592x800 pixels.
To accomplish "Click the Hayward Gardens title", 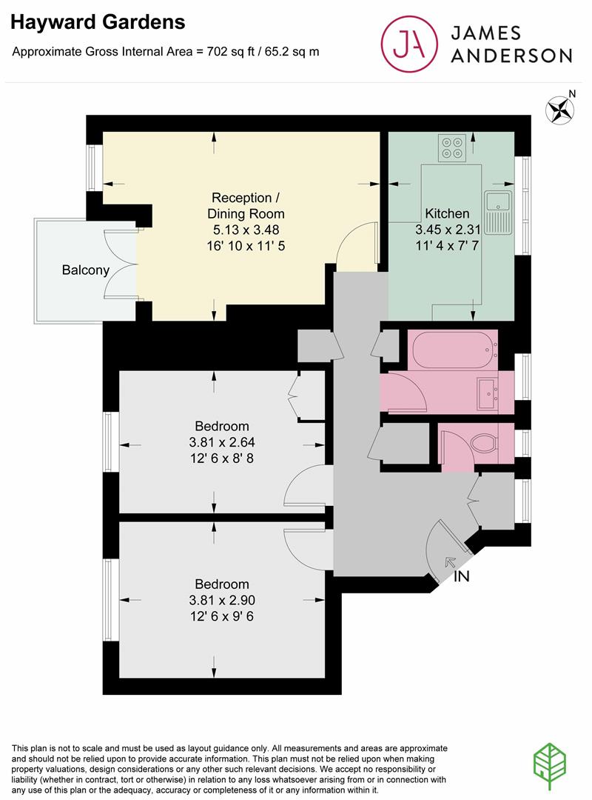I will tap(98, 23).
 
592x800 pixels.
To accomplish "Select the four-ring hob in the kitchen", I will tap(451, 147).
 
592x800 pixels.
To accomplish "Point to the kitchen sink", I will tap(497, 201).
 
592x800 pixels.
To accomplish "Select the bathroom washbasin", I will tap(488, 393).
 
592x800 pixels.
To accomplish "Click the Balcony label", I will tap(85, 270).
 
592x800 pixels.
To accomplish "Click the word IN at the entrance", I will tap(461, 576).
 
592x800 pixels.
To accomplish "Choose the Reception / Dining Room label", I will tap(246, 206).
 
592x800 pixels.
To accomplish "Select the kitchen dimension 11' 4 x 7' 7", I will tap(447, 245).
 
